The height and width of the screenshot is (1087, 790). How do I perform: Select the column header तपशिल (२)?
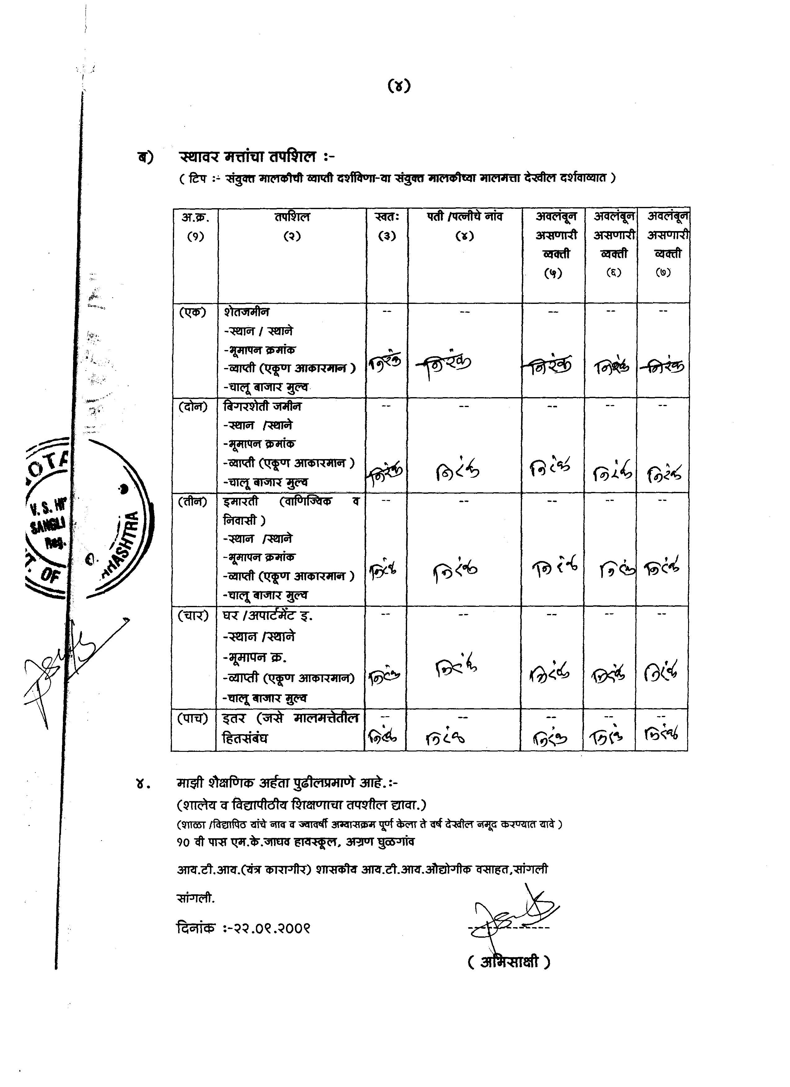coord(292,226)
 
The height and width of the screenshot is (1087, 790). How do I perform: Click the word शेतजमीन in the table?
coord(246,312)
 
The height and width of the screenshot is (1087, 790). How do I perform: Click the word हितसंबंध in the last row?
coord(245,738)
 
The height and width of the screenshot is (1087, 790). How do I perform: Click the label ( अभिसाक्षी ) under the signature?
coord(509,962)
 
